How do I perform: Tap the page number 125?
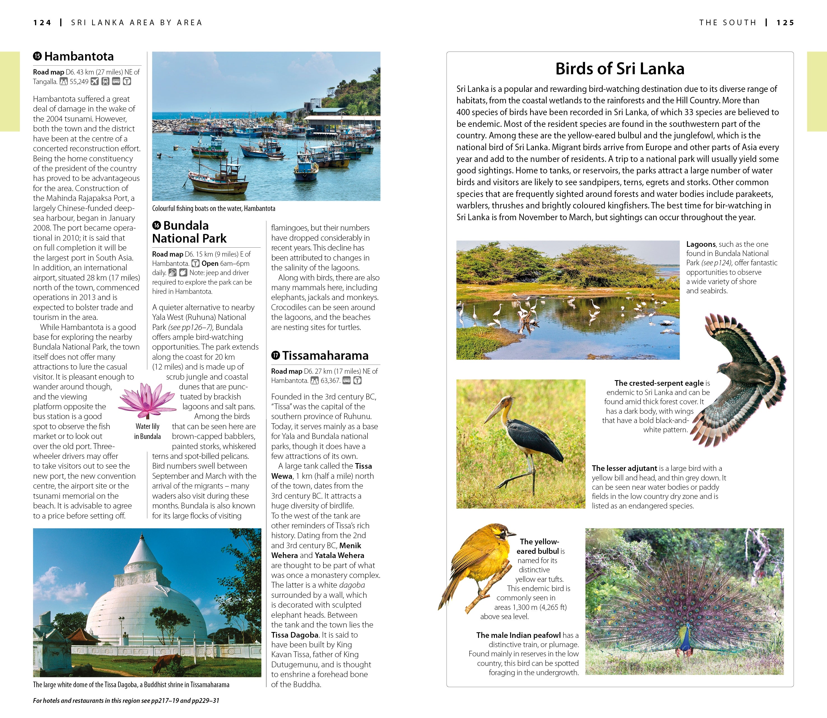point(785,23)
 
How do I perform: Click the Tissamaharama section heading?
point(325,356)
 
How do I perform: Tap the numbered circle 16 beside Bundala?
point(157,226)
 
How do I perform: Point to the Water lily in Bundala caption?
point(147,431)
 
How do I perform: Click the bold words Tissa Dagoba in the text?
point(295,635)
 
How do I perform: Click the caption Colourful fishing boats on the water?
point(213,208)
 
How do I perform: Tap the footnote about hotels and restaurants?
point(126,701)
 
